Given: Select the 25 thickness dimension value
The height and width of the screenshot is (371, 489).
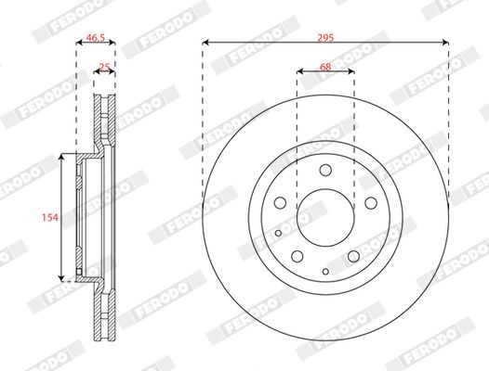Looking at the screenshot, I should pyautogui.click(x=105, y=68).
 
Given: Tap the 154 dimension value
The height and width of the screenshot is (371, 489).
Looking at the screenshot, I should pyautogui.click(x=49, y=217).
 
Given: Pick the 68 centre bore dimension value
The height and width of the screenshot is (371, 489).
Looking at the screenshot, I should pyautogui.click(x=324, y=66).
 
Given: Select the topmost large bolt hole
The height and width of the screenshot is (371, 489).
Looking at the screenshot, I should pyautogui.click(x=325, y=170).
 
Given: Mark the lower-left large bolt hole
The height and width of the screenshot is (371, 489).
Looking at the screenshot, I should pyautogui.click(x=297, y=256).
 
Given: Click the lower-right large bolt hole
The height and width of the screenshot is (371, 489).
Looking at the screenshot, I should pyautogui.click(x=353, y=256).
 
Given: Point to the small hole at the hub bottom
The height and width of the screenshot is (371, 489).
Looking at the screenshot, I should pyautogui.click(x=325, y=270).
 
